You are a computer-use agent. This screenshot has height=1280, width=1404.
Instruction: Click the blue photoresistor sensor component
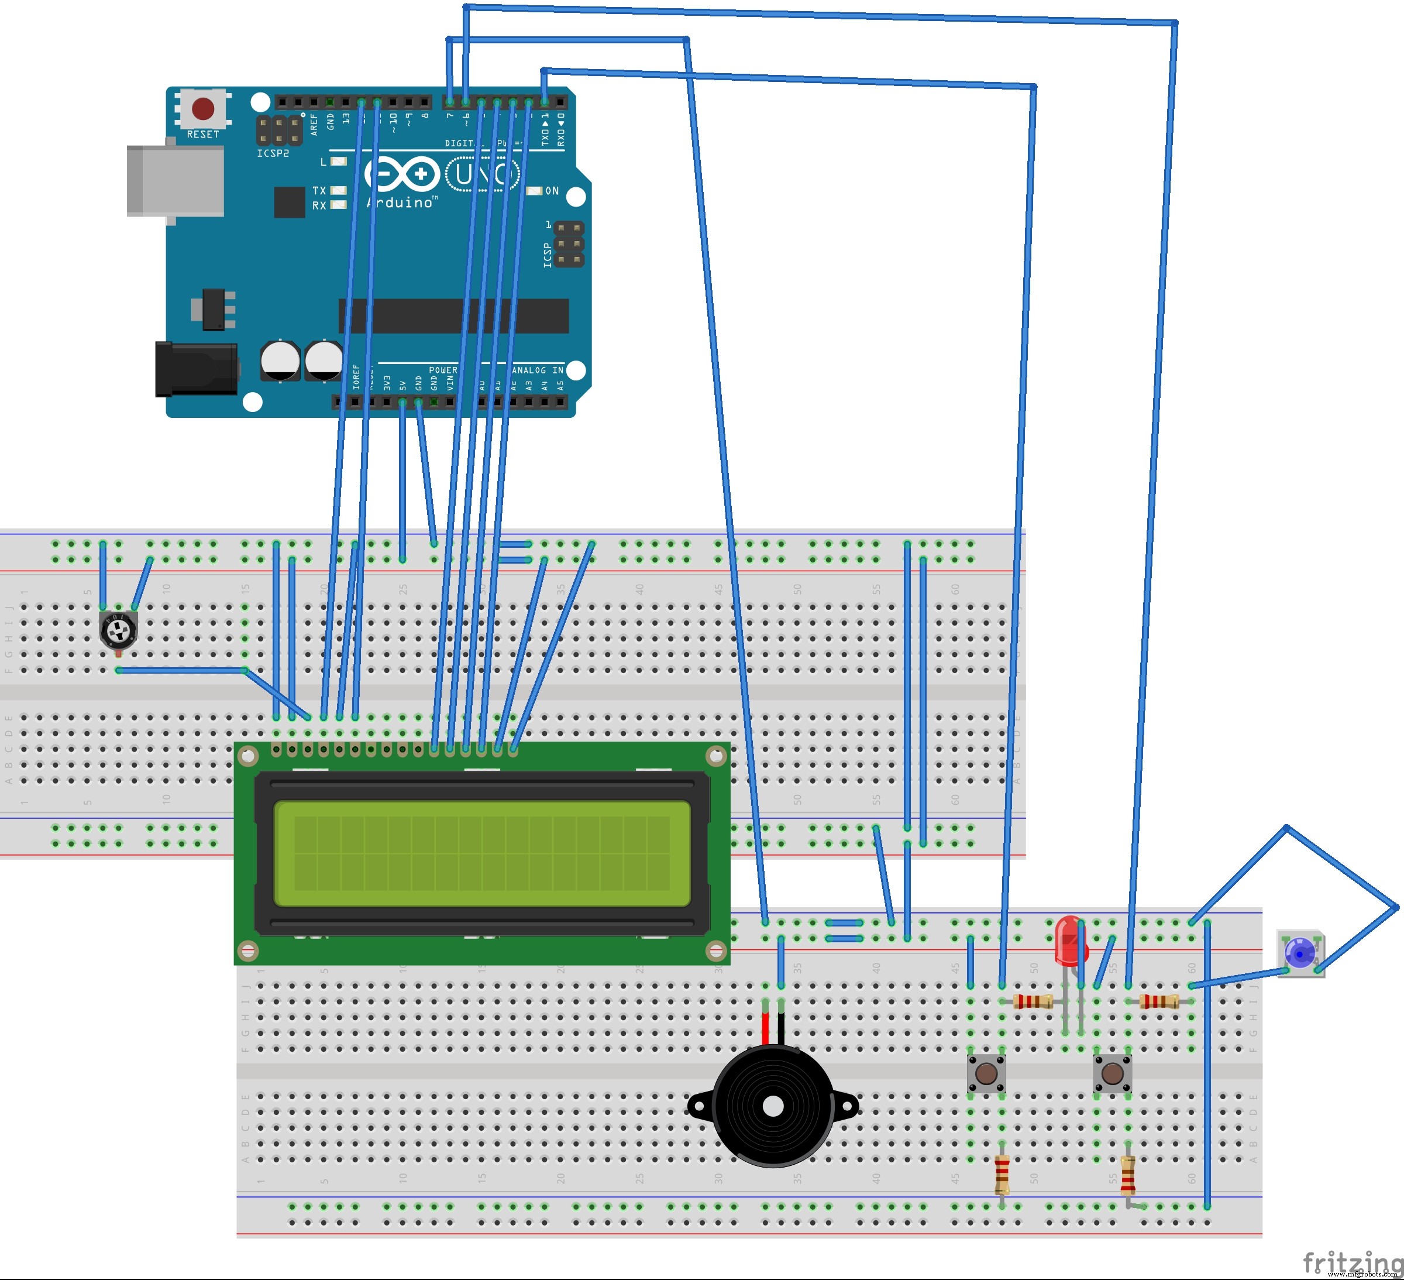1299,952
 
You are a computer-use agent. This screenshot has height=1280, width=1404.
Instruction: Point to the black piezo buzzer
773,1106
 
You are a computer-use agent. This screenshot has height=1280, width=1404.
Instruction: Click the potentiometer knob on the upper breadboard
118,632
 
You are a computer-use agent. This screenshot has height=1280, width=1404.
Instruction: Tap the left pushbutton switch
986,1073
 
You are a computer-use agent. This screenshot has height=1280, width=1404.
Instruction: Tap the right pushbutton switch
1112,1073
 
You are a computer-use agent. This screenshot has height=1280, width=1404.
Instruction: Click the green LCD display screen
482,853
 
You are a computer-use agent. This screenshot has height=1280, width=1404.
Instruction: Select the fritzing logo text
1351,1261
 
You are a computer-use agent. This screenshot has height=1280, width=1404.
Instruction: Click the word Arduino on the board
401,203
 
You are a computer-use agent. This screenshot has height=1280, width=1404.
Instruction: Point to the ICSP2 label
272,153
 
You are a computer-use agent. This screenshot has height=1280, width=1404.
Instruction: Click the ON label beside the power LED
552,191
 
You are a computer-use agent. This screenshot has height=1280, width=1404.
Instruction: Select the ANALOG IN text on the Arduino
538,370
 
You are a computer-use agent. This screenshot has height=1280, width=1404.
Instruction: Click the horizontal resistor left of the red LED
1033,1002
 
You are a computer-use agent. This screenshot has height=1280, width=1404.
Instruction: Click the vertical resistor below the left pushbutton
1002,1174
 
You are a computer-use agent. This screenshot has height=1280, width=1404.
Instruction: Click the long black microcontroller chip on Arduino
453,315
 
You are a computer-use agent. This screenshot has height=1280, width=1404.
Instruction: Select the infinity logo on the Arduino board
402,174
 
